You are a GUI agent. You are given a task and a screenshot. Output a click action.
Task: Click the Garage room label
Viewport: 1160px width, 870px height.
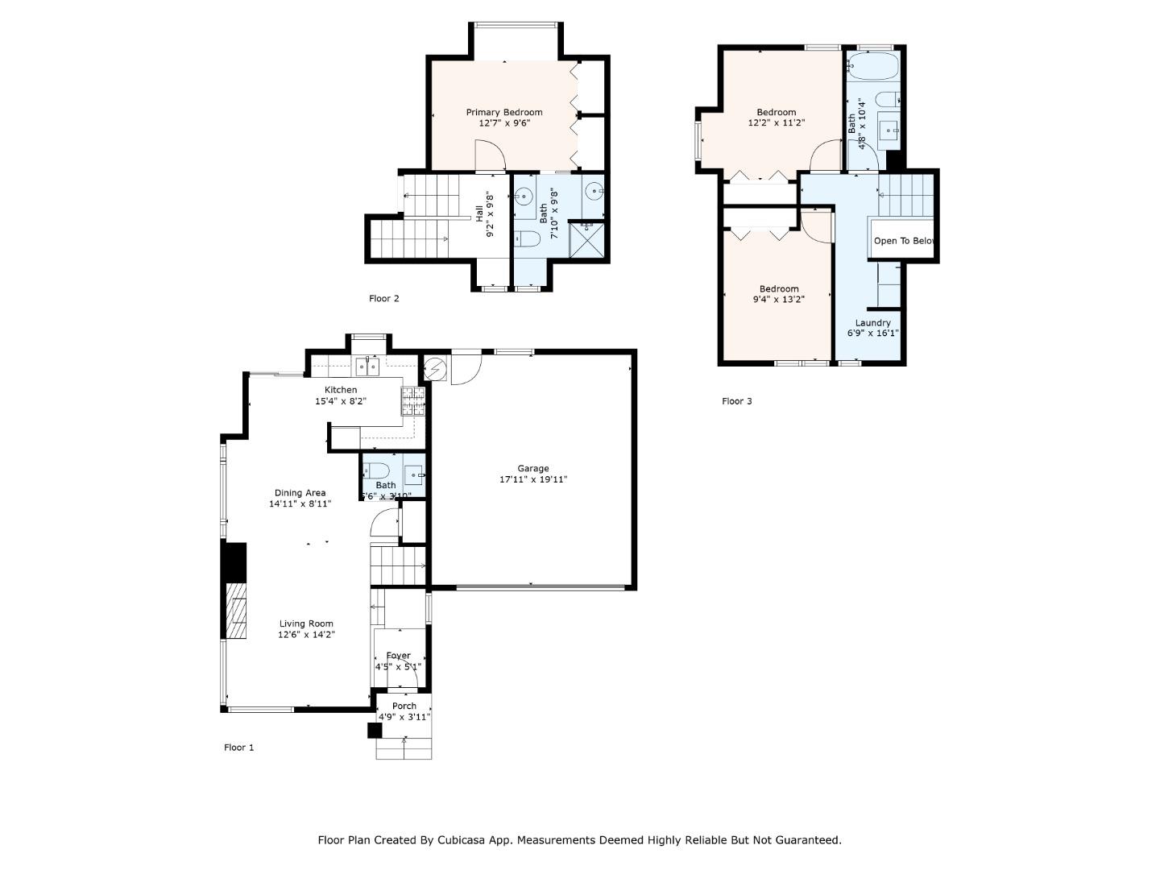(x=532, y=468)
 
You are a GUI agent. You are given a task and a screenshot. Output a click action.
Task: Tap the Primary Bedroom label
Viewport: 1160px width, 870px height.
(x=504, y=112)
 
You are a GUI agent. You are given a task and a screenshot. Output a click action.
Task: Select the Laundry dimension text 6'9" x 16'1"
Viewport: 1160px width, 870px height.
(x=872, y=333)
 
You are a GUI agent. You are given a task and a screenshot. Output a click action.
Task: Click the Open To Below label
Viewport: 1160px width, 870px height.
(x=903, y=241)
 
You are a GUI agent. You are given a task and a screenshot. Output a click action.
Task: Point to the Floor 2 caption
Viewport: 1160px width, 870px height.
(x=384, y=299)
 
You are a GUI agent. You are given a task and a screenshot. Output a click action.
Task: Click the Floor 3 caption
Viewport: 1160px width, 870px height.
(x=736, y=401)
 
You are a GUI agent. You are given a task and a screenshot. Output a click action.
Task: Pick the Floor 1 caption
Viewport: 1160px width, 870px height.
(x=238, y=748)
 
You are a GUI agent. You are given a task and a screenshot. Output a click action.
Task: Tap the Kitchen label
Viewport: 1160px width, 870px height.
(x=341, y=390)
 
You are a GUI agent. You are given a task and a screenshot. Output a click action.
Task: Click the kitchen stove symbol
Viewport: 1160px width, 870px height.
(x=412, y=400)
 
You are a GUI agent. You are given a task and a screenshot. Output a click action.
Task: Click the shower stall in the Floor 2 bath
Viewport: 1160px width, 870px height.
(x=587, y=240)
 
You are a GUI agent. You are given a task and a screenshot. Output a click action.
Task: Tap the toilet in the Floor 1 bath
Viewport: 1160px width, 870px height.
(x=377, y=470)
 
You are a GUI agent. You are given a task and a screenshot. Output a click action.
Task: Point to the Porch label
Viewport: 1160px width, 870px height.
(x=404, y=706)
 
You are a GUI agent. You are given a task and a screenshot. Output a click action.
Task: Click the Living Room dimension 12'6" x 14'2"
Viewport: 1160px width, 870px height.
(x=306, y=635)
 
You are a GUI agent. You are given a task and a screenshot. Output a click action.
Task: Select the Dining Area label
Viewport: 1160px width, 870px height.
(x=300, y=493)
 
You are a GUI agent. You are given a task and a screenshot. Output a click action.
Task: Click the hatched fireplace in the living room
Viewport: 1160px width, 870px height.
(x=234, y=611)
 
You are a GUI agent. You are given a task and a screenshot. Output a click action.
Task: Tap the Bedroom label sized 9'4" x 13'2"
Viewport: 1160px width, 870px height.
(x=779, y=289)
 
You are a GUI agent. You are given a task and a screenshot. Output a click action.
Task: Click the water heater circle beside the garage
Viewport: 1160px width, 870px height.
(x=435, y=369)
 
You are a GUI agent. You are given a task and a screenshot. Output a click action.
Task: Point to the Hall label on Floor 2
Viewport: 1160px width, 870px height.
(x=480, y=213)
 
